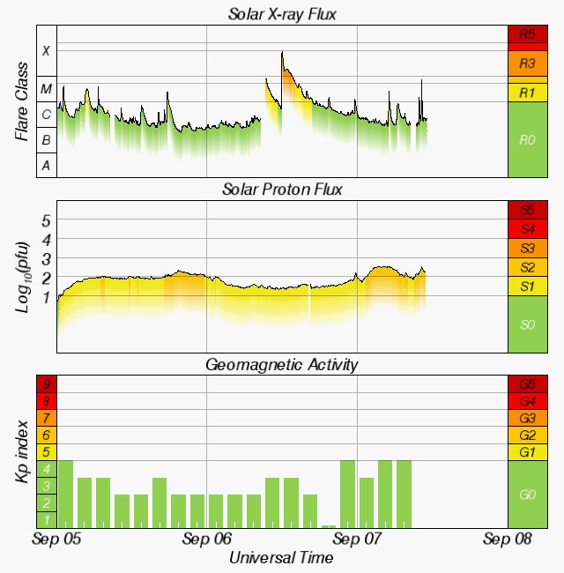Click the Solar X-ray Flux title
(282, 14)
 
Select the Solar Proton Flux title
(282, 190)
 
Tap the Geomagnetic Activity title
(282, 364)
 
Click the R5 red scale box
(527, 35)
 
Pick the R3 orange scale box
(527, 63)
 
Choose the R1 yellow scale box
(527, 93)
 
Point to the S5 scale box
(527, 210)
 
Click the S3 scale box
(527, 248)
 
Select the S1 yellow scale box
(527, 286)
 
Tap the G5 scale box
(527, 384)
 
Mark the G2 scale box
(527, 435)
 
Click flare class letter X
(47, 51)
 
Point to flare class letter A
(47, 165)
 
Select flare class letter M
(47, 89)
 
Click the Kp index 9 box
(47, 384)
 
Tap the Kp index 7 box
(47, 419)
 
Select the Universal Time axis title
(281, 558)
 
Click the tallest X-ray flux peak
(282, 54)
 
